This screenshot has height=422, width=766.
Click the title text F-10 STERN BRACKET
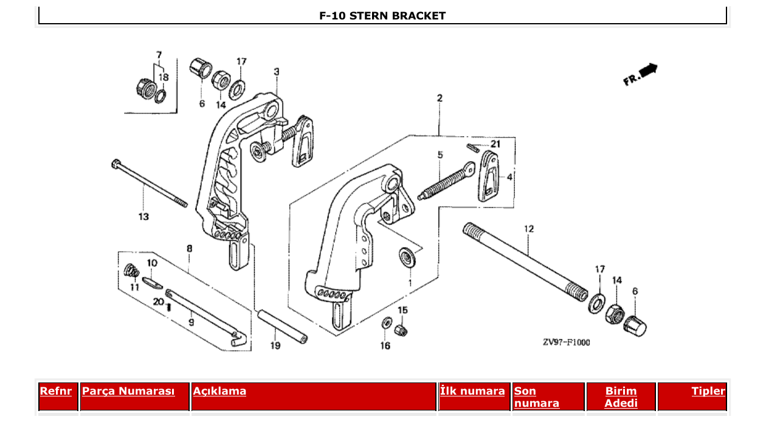click(382, 16)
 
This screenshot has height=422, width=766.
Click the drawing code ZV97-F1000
click(566, 342)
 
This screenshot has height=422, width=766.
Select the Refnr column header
click(56, 391)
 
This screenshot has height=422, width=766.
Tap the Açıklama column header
click(219, 391)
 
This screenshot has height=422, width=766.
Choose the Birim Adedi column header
click(621, 396)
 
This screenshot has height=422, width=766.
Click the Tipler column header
click(708, 391)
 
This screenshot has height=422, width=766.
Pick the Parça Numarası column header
click(128, 391)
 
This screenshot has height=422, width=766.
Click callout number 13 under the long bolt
click(143, 216)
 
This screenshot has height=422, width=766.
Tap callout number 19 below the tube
click(275, 346)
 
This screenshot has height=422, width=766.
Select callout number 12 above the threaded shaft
click(529, 229)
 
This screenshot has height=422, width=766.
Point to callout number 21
click(495, 144)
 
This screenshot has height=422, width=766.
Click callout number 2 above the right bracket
click(439, 98)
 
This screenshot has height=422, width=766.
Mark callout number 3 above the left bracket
click(277, 72)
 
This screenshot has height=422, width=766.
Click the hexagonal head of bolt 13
click(116, 164)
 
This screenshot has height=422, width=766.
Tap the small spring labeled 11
click(129, 270)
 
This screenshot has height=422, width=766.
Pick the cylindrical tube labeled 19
click(280, 326)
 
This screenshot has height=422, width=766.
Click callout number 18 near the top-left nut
click(164, 77)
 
